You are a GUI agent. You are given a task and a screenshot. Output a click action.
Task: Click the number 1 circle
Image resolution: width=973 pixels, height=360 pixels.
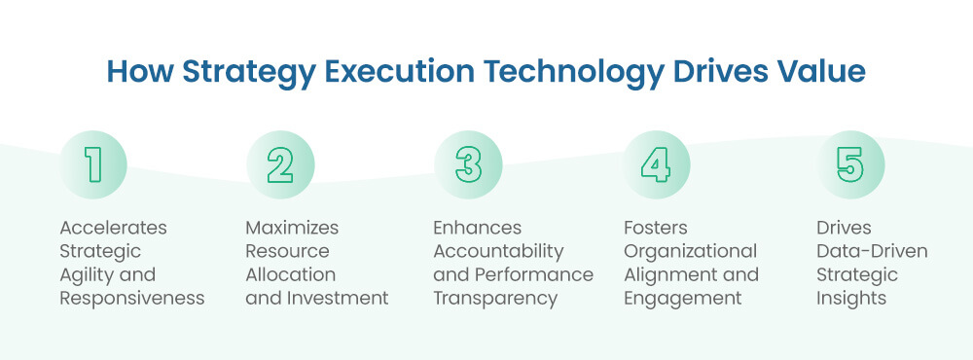(93, 164)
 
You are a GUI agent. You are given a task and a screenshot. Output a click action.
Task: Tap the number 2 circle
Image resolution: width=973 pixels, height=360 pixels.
(280, 164)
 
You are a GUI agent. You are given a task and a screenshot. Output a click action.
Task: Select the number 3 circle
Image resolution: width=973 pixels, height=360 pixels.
(468, 164)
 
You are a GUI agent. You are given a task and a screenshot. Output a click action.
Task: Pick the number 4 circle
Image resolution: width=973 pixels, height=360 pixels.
(655, 164)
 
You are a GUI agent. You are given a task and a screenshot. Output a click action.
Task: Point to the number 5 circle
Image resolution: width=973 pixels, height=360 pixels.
(850, 164)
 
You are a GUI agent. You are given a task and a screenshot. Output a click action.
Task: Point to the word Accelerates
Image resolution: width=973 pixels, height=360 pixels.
(113, 228)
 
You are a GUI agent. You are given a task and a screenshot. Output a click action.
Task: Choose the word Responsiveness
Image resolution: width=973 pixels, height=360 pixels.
(132, 299)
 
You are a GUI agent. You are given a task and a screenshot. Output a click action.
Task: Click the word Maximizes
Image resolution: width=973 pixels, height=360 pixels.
(292, 228)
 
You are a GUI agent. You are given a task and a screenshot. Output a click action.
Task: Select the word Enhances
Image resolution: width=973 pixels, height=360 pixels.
(477, 228)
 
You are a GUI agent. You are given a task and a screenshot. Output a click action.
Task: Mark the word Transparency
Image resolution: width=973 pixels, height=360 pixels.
(495, 299)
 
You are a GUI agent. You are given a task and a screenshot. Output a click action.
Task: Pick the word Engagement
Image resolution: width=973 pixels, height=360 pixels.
(682, 299)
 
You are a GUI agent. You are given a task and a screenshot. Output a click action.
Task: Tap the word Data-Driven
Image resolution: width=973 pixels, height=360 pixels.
(872, 252)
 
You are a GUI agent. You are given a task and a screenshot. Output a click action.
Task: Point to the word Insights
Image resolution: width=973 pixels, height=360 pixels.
(851, 299)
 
